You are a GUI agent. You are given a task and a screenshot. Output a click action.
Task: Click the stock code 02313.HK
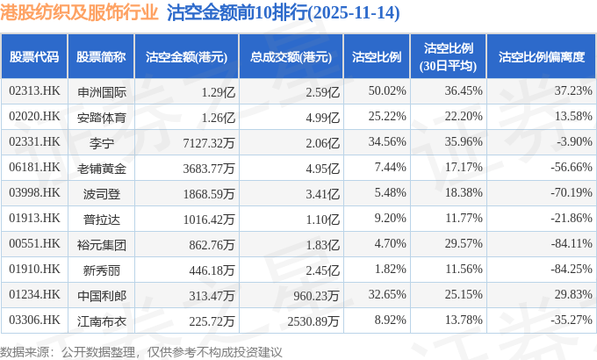pos(34,90)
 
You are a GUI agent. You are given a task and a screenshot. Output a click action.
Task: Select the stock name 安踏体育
pos(102,116)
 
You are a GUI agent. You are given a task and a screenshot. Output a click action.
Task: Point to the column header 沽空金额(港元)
pos(186,56)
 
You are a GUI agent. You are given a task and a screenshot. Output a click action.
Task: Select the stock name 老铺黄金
pos(102,167)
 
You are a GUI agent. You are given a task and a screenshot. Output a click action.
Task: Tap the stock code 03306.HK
pos(34,320)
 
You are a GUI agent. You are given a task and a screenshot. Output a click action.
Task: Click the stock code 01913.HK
pos(34,218)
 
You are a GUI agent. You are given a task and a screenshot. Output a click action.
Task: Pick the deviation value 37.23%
pos(563,90)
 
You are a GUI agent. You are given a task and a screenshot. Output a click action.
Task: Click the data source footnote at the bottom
pos(141,350)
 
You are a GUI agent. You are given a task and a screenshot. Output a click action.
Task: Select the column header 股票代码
pos(34,56)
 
